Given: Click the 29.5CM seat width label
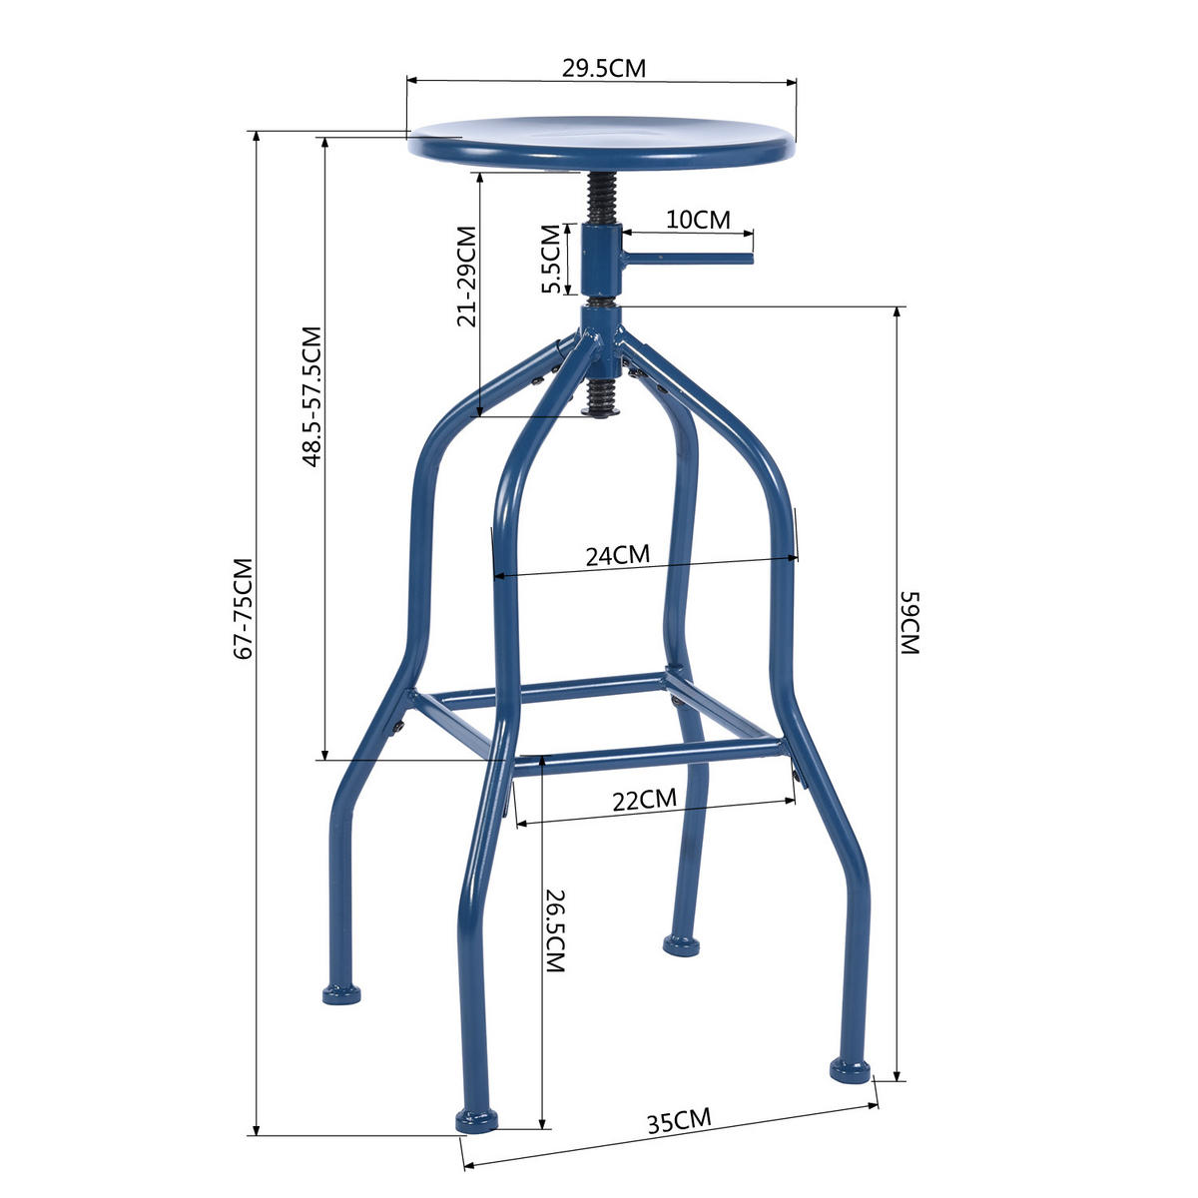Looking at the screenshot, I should point(603,69).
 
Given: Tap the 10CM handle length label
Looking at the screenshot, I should point(698,220).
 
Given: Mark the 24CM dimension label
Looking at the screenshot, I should point(617,555).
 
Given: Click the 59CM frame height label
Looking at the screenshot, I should point(909,622).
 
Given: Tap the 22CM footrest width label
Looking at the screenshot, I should point(644,800).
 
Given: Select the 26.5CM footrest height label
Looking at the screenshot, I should point(556,930).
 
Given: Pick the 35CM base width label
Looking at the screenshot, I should point(679,1120).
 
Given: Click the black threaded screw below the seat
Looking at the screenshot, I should point(599,198).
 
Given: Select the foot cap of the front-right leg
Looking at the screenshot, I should point(851,1070).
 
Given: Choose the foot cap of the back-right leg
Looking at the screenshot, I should point(682,943).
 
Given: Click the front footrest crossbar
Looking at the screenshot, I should point(647,755).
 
